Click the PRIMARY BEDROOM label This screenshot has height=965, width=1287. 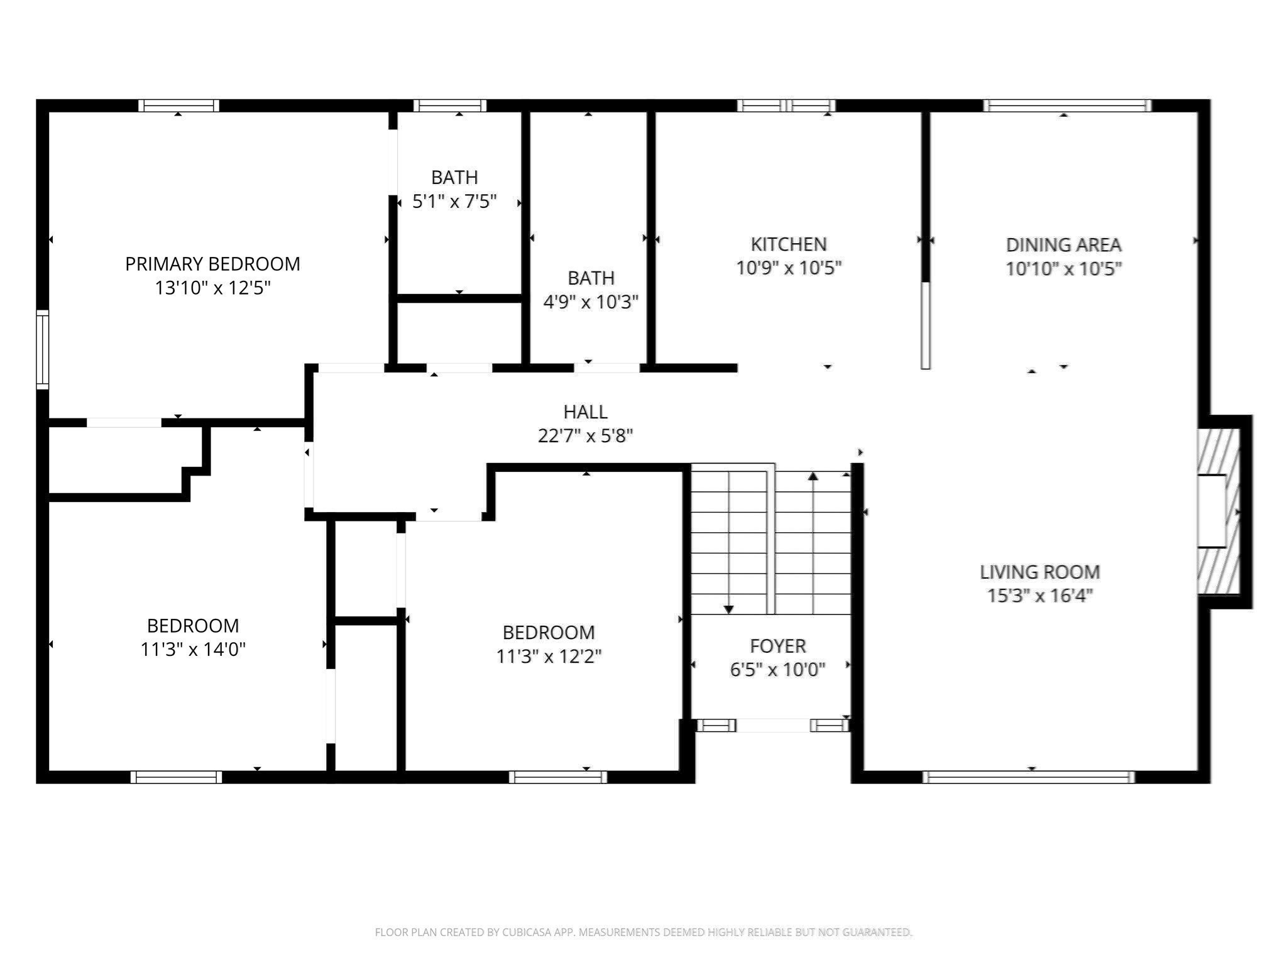tap(212, 264)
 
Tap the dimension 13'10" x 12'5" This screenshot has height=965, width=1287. tap(212, 288)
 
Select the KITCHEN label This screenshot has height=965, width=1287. tap(789, 244)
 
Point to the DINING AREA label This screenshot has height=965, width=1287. tap(1063, 245)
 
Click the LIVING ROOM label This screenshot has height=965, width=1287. tap(1039, 572)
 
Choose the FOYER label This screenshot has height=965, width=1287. tap(777, 646)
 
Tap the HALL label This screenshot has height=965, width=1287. tap(585, 412)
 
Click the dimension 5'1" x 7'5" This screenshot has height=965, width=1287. tap(454, 201)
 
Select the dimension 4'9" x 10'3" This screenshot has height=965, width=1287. tap(590, 302)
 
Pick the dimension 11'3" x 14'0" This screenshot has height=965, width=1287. tap(193, 649)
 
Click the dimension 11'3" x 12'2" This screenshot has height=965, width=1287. tap(549, 656)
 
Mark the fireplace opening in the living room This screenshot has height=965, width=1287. tap(1211, 511)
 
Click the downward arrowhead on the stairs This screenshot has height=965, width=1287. tap(728, 609)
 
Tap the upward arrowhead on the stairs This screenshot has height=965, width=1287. tap(813, 476)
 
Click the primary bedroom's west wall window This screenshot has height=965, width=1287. tap(43, 349)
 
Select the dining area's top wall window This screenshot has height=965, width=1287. tap(1067, 106)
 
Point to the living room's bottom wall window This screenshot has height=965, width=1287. tap(1029, 777)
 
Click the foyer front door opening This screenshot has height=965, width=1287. tap(772, 726)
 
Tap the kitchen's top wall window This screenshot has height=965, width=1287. tap(786, 106)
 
